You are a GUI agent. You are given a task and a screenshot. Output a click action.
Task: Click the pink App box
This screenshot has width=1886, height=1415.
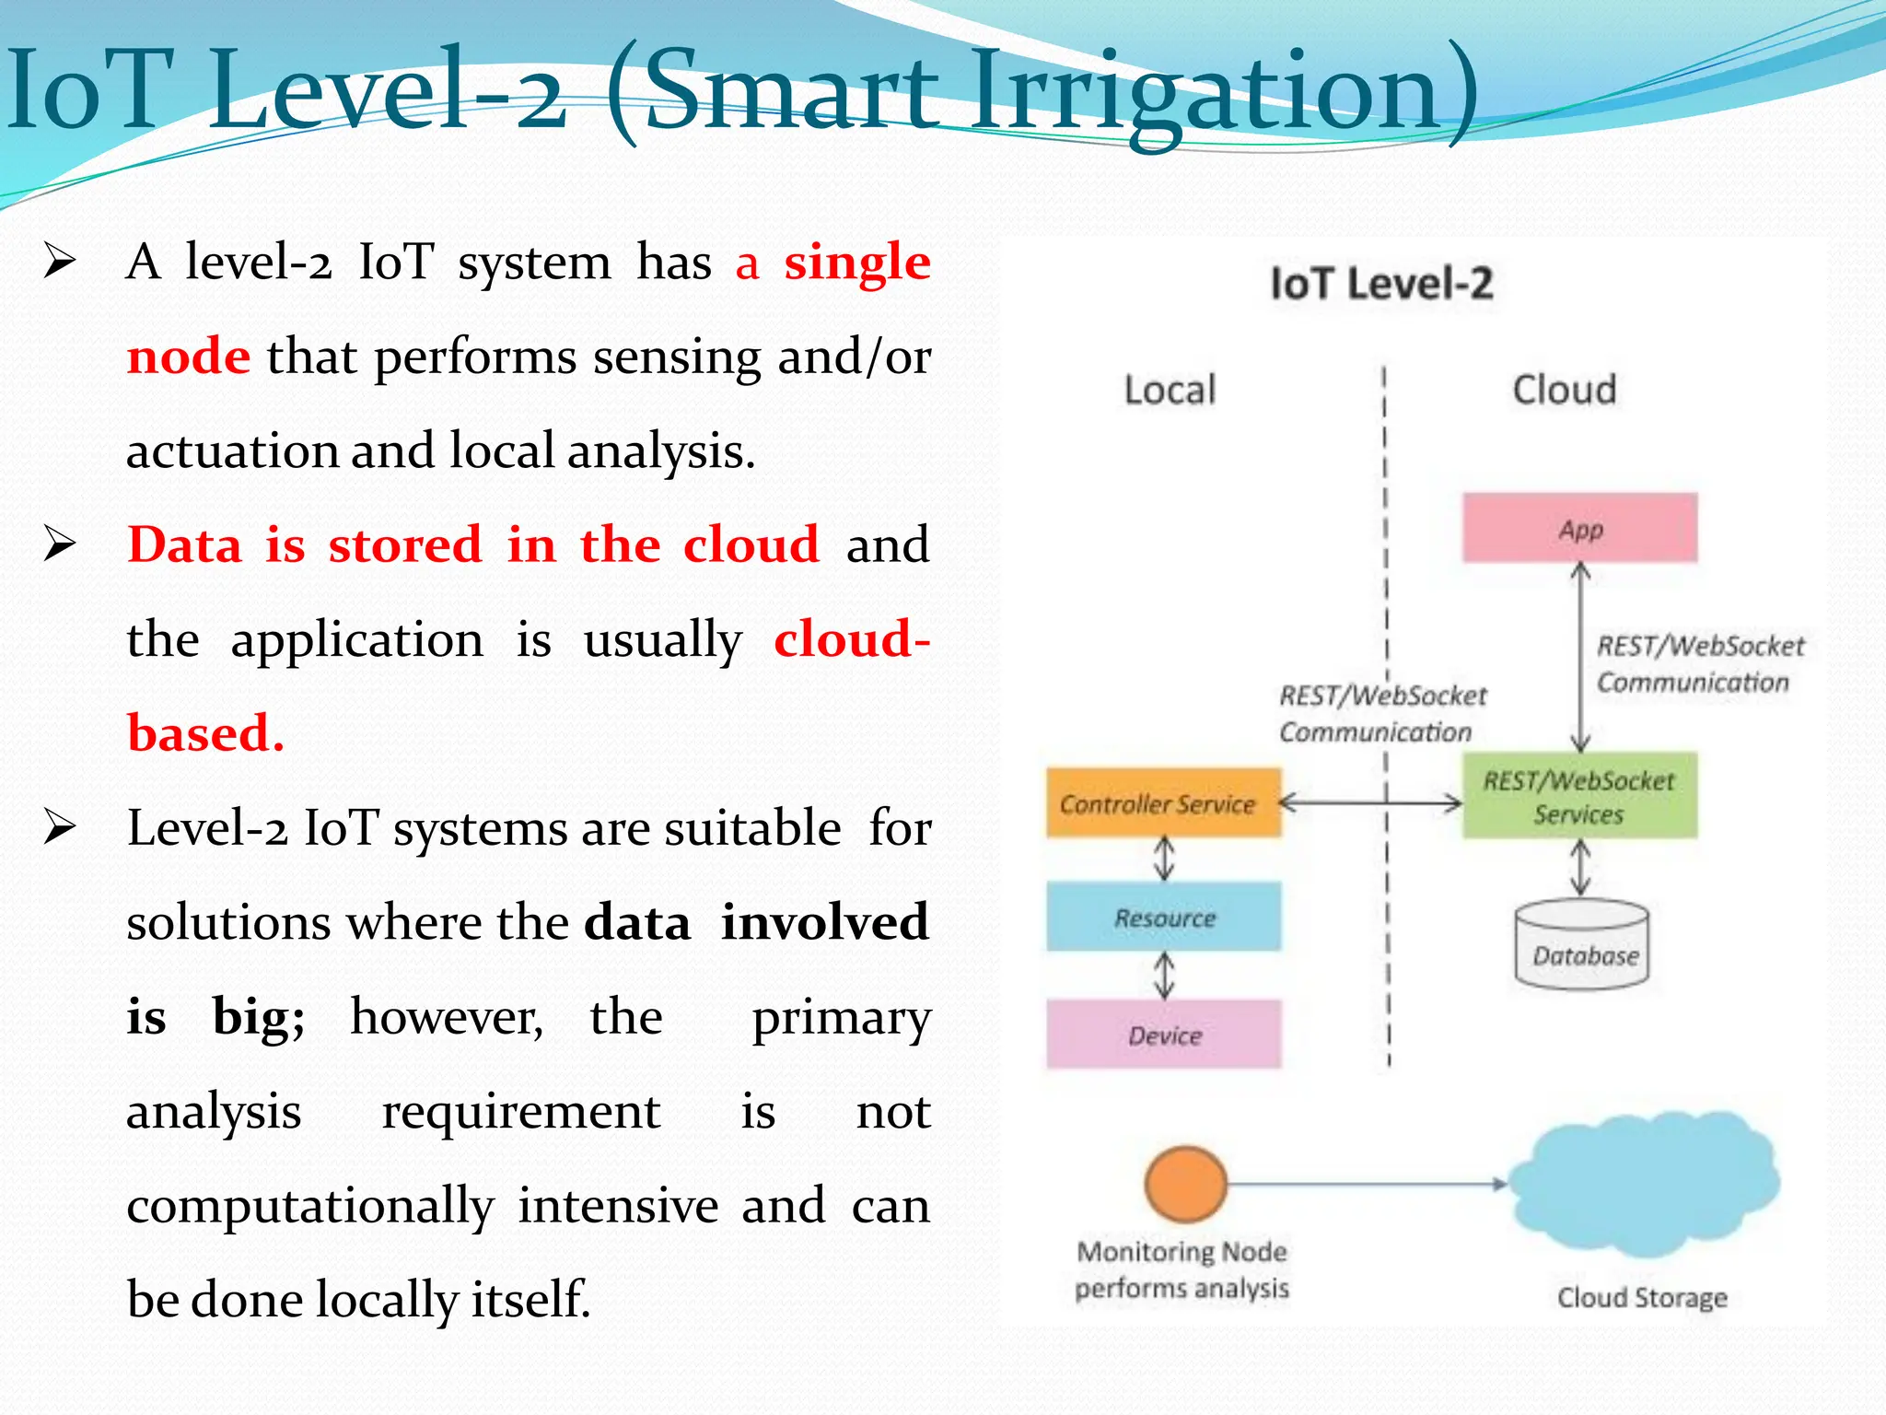click(1579, 528)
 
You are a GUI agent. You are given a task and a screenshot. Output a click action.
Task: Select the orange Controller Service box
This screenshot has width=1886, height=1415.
click(1163, 803)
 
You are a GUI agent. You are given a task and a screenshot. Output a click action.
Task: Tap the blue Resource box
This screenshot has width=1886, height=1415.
click(1163, 918)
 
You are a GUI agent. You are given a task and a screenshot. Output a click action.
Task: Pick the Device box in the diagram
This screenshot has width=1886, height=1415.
click(1163, 1035)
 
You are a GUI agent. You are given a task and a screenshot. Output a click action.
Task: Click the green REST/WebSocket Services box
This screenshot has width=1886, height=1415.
click(1579, 797)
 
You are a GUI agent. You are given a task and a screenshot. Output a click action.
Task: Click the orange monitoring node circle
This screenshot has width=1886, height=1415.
click(1185, 1184)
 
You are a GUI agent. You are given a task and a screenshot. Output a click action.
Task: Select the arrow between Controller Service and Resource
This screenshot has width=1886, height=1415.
click(1164, 859)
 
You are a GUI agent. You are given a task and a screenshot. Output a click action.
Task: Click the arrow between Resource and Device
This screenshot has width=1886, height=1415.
click(1164, 976)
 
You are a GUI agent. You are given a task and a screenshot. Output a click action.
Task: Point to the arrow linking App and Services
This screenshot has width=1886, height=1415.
click(1580, 657)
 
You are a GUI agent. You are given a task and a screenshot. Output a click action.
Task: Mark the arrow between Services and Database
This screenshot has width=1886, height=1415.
click(1580, 867)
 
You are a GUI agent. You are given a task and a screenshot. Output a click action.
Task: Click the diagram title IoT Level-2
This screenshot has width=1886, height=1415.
click(1381, 284)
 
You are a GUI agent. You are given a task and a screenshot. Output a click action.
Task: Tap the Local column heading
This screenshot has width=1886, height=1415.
click(1170, 390)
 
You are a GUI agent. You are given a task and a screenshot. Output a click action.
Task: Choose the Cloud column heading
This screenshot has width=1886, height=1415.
click(1564, 390)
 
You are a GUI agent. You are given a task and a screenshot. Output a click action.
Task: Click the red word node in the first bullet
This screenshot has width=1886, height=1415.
click(188, 357)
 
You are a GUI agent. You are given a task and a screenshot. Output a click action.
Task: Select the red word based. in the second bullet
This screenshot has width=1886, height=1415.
click(205, 733)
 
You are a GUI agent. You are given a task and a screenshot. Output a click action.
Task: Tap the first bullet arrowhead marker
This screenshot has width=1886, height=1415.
click(59, 262)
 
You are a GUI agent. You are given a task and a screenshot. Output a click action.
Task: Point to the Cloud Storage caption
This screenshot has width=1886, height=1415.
click(1642, 1298)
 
